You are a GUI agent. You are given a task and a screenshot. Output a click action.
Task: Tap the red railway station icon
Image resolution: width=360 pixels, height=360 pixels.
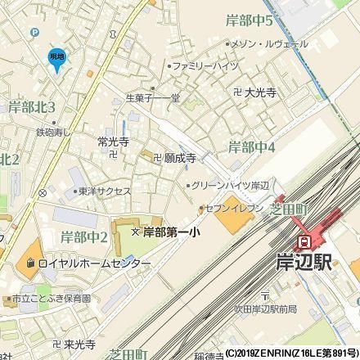pos(303,242)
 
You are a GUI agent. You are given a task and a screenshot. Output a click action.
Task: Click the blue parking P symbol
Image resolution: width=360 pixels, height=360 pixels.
pos(34,33)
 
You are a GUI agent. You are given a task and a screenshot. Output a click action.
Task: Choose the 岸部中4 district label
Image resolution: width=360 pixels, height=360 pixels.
pos(251,148)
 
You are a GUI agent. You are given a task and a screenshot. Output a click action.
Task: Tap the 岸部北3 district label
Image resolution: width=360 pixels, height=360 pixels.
pos(32,107)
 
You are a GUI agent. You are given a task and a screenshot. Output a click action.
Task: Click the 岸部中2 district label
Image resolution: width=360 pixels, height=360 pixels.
pos(84,237)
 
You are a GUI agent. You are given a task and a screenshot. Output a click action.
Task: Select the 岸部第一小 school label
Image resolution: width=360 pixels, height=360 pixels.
pos(171,232)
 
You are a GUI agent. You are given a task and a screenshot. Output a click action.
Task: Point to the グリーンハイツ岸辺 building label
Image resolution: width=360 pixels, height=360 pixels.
pos(235,185)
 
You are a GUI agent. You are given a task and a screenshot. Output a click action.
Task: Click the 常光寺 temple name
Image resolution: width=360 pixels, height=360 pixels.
pos(113,142)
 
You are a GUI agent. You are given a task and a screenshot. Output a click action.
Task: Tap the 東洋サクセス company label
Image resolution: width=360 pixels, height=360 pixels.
pos(106,191)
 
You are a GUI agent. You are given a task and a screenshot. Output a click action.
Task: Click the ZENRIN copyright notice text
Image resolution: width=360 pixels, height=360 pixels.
pos(291,353)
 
